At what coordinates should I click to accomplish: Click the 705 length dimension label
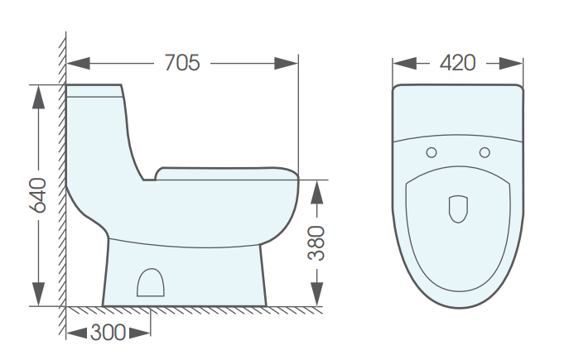tap(182, 62)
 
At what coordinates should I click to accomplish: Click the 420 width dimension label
tap(457, 62)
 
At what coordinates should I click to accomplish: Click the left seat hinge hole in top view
tap(431, 151)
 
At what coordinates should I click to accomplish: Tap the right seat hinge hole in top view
tap(485, 151)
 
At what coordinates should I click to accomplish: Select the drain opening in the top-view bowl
tap(457, 209)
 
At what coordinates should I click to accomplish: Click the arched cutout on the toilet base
tap(150, 283)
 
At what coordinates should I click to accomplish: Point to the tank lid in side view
tap(94, 90)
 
